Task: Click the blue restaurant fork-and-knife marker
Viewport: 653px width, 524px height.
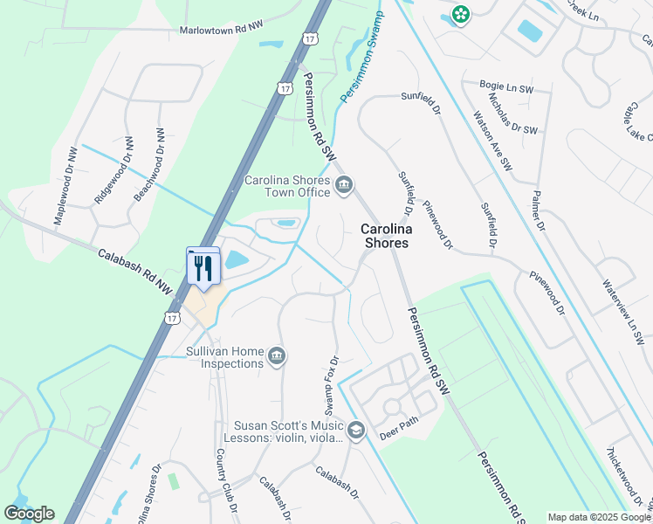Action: (x=204, y=267)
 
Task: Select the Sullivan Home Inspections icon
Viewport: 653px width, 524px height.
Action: (x=277, y=355)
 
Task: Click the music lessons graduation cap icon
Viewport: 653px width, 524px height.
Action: (x=355, y=430)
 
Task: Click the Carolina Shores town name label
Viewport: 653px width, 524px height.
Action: (x=385, y=236)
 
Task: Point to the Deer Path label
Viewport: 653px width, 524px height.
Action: (x=400, y=434)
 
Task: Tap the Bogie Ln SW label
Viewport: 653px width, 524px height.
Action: (x=505, y=86)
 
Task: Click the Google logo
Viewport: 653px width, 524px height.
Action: (x=29, y=514)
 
